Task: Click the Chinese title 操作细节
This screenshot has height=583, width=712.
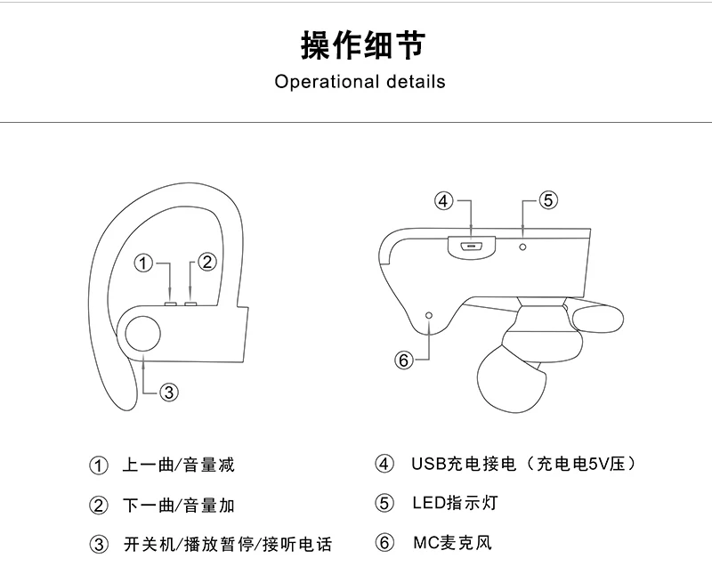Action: (363, 45)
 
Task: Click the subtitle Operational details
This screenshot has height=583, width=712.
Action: (360, 82)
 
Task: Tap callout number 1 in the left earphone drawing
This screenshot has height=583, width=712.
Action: (143, 263)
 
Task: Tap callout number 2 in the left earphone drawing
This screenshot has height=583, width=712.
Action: (207, 262)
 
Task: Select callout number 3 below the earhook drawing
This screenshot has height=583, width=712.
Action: (169, 392)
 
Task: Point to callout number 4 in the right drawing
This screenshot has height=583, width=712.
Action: (443, 200)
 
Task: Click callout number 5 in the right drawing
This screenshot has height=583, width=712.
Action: (548, 199)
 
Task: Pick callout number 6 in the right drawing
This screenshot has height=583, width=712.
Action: (404, 360)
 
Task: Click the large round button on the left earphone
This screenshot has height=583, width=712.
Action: (142, 334)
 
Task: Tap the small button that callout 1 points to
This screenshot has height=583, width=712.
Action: (171, 303)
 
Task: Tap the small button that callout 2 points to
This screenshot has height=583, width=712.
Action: (190, 303)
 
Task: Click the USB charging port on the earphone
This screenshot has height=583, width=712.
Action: (472, 245)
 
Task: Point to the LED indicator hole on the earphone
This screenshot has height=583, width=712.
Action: (522, 247)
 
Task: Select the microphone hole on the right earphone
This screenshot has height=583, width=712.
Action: (430, 315)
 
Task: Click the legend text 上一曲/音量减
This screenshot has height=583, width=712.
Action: (179, 465)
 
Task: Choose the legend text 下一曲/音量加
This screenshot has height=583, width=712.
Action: (179, 505)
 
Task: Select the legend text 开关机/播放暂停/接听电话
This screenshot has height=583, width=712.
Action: (228, 544)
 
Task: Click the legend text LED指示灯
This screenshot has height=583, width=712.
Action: (455, 503)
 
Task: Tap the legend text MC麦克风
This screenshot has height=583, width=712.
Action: (452, 542)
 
